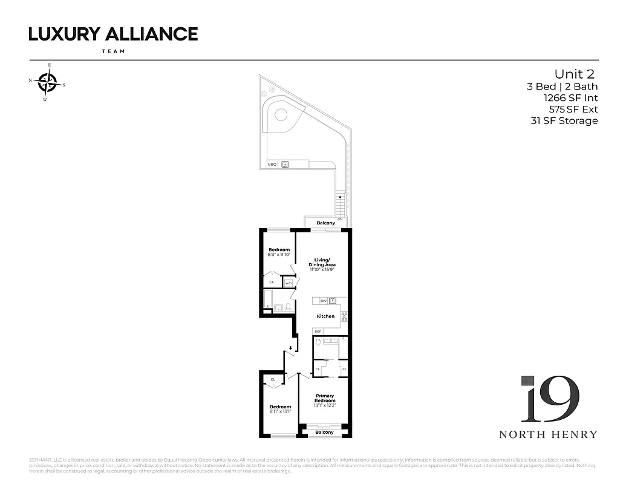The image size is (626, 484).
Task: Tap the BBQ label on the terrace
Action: (x=272, y=164)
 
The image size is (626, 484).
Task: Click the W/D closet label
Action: (x=289, y=283)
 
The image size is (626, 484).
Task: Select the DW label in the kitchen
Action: (x=324, y=301)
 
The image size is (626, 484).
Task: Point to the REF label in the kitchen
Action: (x=318, y=332)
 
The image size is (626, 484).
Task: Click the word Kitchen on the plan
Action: (x=325, y=316)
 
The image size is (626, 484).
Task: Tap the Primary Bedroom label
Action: (x=325, y=398)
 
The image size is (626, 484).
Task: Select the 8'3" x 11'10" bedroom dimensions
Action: (x=279, y=255)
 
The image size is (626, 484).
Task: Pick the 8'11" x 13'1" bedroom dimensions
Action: (x=280, y=411)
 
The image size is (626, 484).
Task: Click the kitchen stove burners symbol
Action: (x=344, y=315)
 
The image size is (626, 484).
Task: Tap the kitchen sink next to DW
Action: (x=333, y=301)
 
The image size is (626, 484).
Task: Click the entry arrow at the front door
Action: (x=291, y=348)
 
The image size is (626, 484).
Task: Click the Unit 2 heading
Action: (x=575, y=74)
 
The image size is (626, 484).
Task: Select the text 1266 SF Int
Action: (x=570, y=98)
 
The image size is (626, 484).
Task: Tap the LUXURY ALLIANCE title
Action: (x=113, y=34)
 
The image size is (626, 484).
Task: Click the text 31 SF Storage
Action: (x=564, y=121)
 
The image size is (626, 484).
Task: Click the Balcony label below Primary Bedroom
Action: (x=325, y=433)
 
